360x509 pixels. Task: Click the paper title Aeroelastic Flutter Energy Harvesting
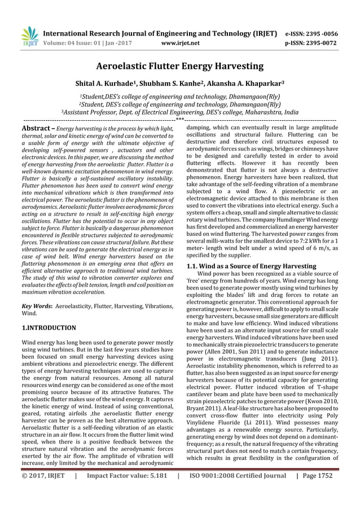180,67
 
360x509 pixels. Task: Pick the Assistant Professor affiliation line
180,112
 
